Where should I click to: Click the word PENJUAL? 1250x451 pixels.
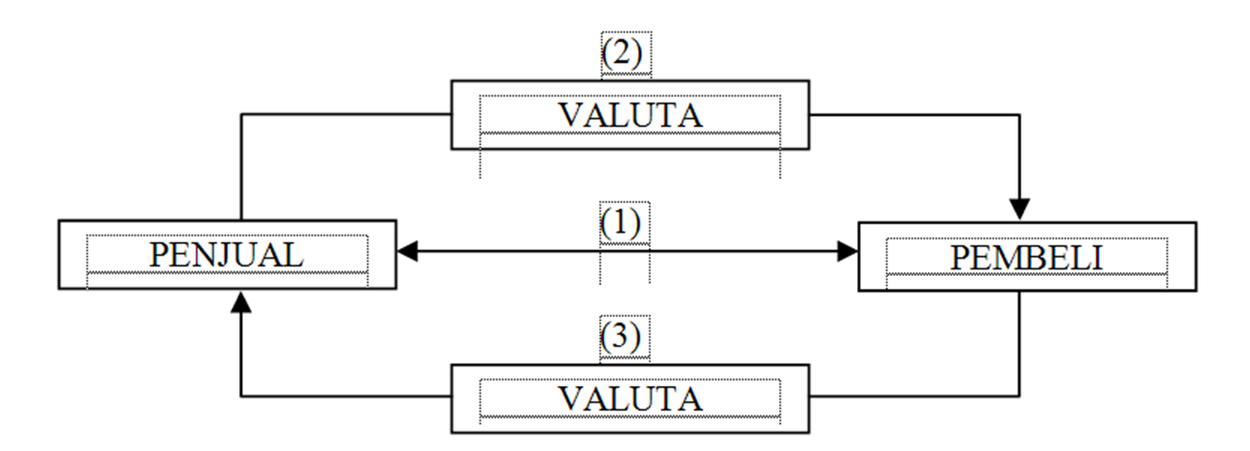click(x=226, y=256)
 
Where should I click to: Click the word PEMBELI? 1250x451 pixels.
click(x=1027, y=258)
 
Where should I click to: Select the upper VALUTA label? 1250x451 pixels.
click(x=630, y=116)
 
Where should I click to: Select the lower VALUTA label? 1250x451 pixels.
click(x=630, y=399)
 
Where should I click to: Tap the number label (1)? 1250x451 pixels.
click(x=621, y=223)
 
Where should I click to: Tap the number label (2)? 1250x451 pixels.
click(x=623, y=52)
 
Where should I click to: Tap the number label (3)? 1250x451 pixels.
click(x=621, y=336)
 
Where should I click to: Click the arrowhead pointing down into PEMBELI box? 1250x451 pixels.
click(x=1019, y=209)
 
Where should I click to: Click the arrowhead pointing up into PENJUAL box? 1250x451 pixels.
click(x=241, y=302)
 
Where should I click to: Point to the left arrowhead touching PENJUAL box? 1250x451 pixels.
click(x=408, y=252)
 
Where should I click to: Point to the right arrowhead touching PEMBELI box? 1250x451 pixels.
click(x=847, y=252)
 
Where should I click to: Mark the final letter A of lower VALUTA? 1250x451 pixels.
click(x=691, y=399)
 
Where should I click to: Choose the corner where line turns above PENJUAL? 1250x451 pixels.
click(x=241, y=115)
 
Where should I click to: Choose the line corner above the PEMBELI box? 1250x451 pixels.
click(x=1019, y=116)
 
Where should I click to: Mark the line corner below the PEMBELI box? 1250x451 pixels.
click(x=1019, y=397)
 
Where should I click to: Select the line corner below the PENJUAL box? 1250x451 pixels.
click(x=241, y=397)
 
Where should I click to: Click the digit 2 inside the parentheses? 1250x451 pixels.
click(x=623, y=52)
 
